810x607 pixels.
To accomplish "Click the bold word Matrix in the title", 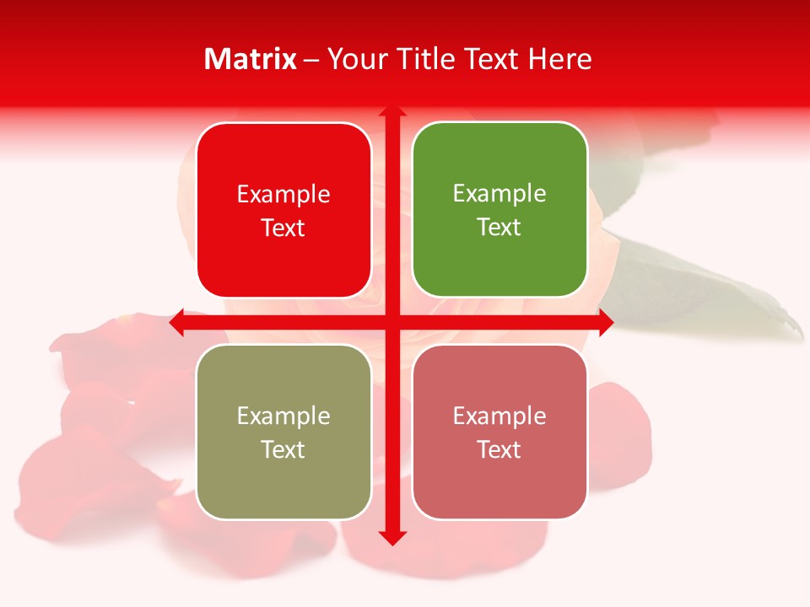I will point(251,59).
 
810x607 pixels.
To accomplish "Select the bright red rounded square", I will point(283,210).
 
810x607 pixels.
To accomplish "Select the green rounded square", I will point(499,210).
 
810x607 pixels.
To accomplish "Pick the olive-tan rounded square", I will point(283,432).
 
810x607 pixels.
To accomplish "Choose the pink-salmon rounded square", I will point(499,432).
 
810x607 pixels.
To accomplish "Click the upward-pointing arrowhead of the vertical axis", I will point(391,112).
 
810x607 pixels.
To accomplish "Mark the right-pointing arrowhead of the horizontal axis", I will point(606,322).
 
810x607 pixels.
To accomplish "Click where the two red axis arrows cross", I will point(391,322).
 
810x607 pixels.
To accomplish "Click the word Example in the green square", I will point(499,193).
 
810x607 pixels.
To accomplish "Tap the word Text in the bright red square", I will point(283,228).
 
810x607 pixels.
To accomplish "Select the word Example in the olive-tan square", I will point(283,416).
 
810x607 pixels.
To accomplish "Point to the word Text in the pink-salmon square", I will point(499,449).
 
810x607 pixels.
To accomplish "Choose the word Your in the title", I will point(354,59).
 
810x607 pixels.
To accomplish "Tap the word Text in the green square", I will point(499,227).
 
